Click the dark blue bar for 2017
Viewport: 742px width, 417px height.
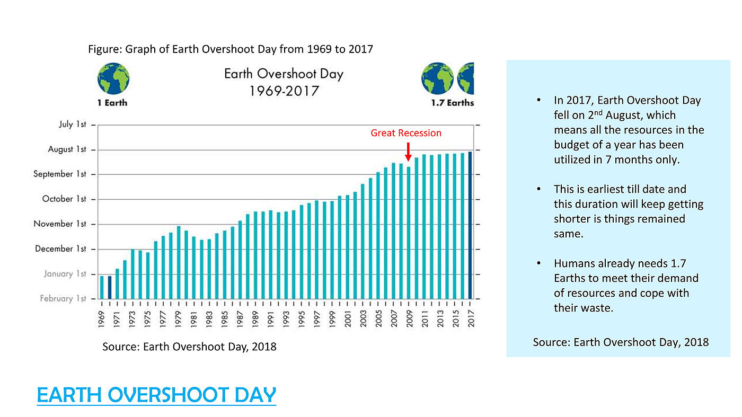(x=470, y=225)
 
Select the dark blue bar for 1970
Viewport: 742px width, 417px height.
(x=110, y=288)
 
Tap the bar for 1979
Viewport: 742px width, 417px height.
(x=179, y=263)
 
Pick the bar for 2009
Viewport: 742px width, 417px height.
(x=409, y=233)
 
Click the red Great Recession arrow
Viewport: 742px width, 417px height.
(x=409, y=152)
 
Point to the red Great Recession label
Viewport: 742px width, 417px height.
(x=406, y=133)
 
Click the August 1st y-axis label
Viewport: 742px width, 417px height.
(x=67, y=149)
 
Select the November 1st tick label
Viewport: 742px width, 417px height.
(x=59, y=224)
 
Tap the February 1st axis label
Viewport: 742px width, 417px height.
(x=63, y=298)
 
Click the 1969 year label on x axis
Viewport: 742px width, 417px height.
(x=101, y=320)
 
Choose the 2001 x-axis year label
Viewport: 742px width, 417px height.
(x=348, y=319)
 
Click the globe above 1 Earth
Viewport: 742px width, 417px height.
(x=113, y=78)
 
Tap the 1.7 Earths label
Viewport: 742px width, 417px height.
(x=453, y=103)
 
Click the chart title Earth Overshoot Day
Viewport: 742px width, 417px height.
(x=284, y=74)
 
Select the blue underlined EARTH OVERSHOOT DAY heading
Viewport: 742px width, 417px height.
(x=156, y=395)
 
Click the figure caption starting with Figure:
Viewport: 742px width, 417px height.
(x=231, y=49)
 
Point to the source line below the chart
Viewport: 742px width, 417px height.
(x=189, y=347)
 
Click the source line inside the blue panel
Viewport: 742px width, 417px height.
(x=621, y=342)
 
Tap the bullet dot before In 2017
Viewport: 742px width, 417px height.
(x=539, y=100)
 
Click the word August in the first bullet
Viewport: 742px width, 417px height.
(x=624, y=116)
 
